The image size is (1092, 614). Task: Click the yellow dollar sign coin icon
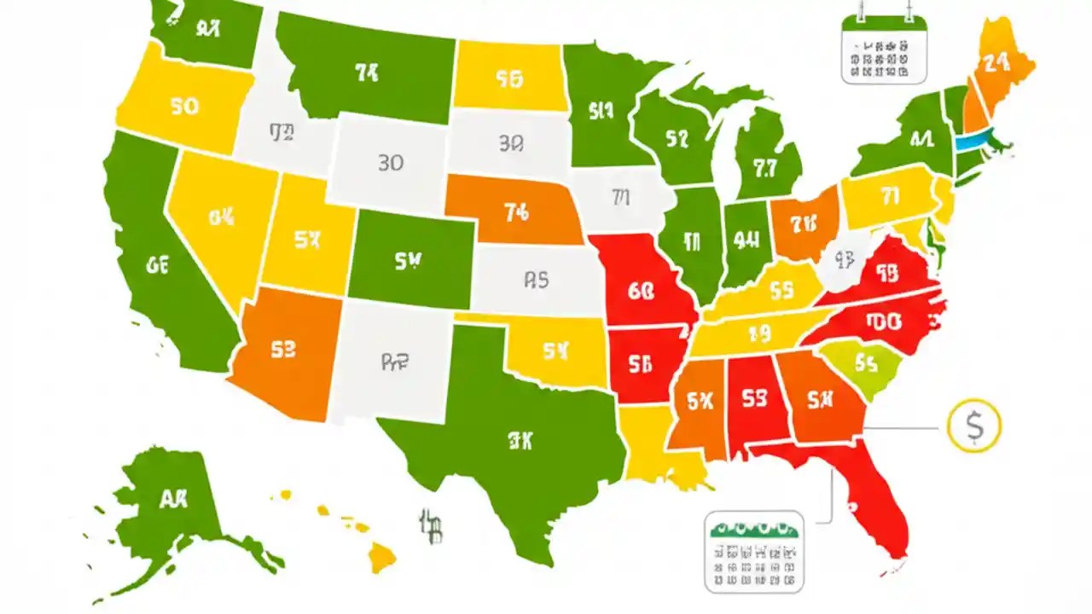973,426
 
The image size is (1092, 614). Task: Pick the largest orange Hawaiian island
381,559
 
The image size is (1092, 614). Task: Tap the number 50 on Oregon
184,107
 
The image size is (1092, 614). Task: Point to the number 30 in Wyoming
390,162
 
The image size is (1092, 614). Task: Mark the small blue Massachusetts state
968,142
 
